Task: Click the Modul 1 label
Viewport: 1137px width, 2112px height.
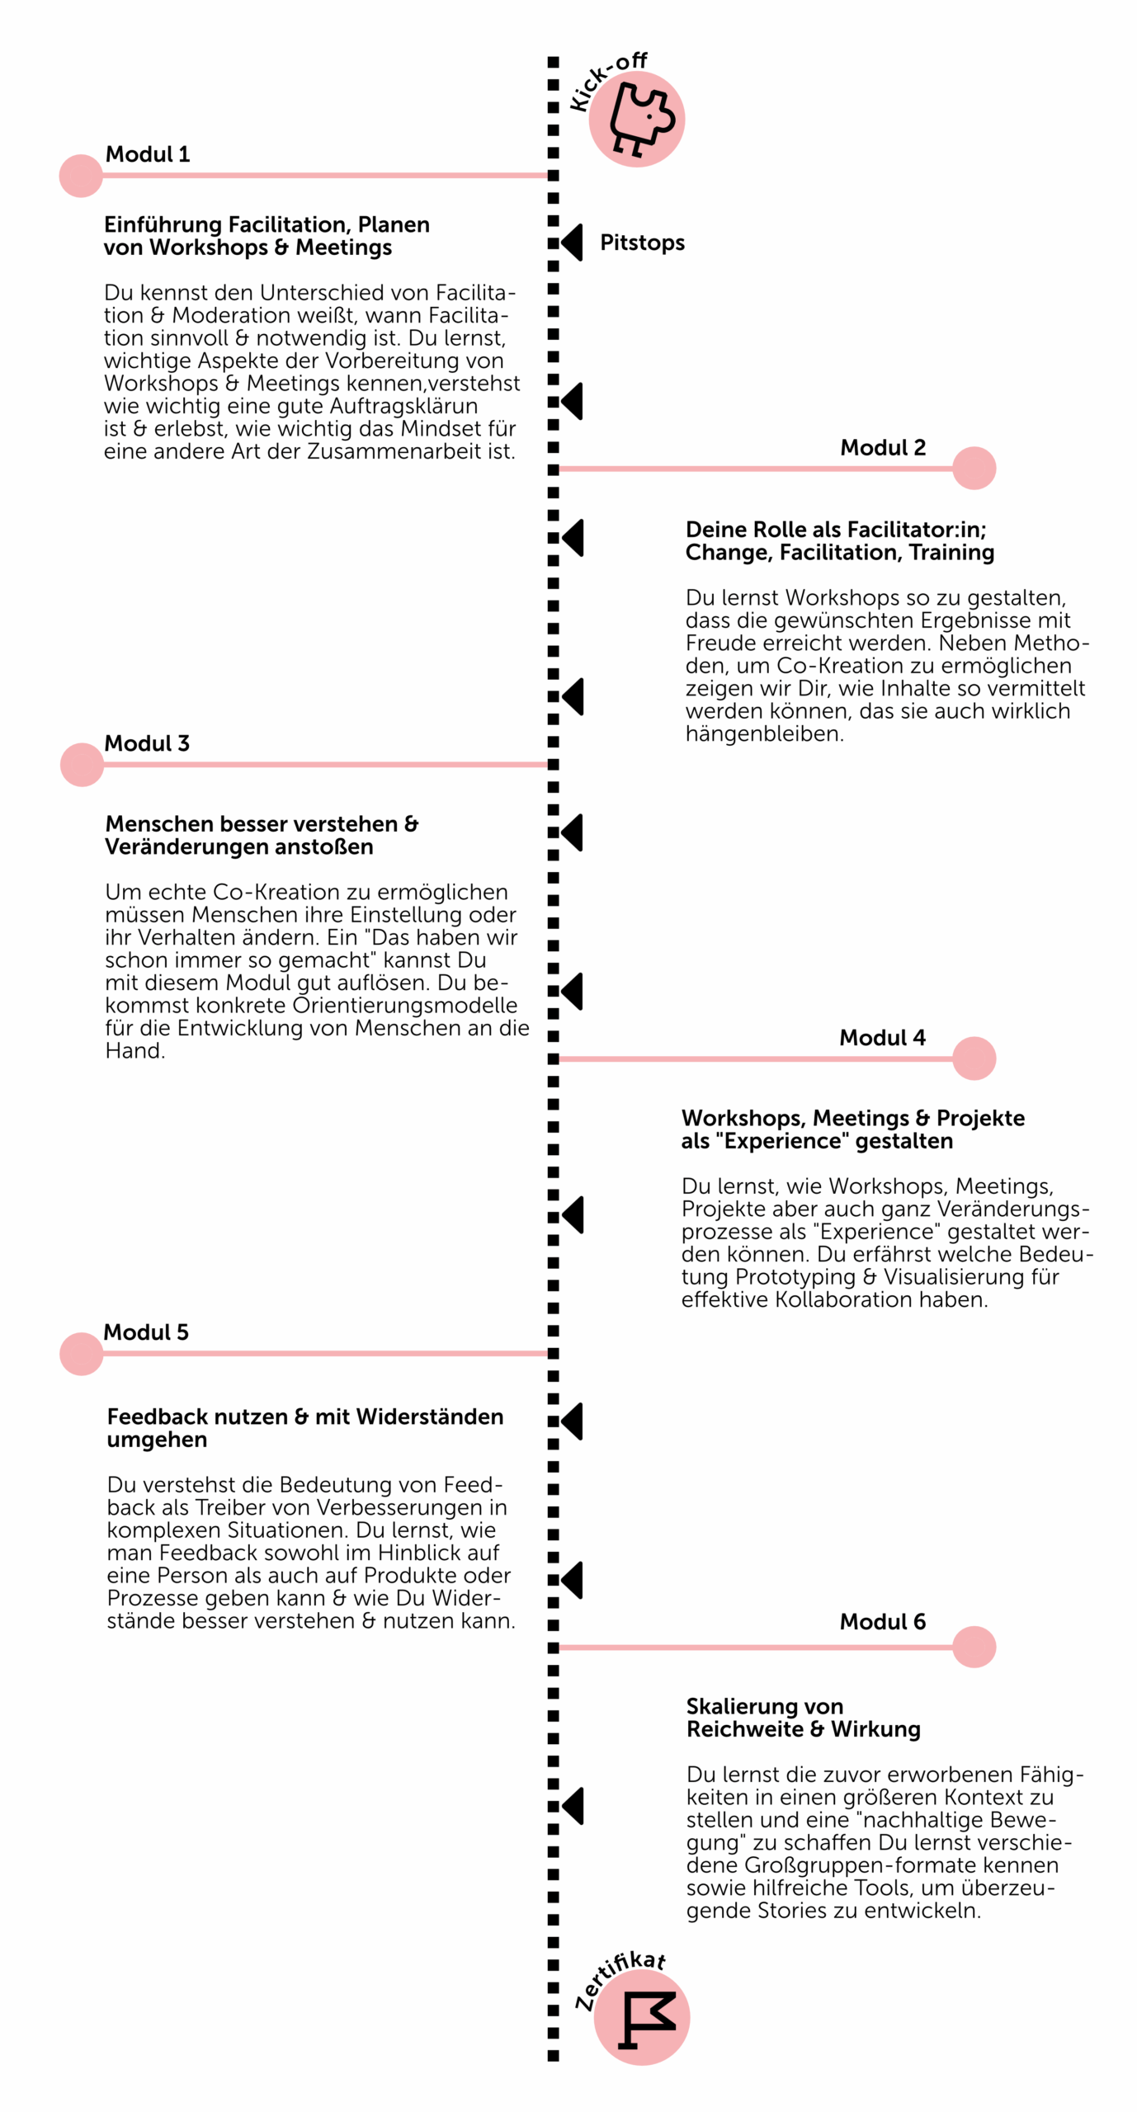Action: pyautogui.click(x=148, y=154)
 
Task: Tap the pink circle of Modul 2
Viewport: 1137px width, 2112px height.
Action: pyautogui.click(x=974, y=469)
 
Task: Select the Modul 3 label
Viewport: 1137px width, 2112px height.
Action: pyautogui.click(x=147, y=743)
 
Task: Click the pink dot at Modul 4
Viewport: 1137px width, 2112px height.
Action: pyautogui.click(x=974, y=1058)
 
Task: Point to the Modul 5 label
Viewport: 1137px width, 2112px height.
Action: pyautogui.click(x=146, y=1332)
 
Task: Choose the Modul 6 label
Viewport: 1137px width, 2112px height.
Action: pyautogui.click(x=882, y=1622)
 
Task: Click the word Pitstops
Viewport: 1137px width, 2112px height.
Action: pyautogui.click(x=642, y=243)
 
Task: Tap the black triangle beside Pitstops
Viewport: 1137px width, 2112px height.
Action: pyautogui.click(x=572, y=243)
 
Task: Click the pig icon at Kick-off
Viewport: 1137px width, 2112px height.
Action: pyautogui.click(x=639, y=120)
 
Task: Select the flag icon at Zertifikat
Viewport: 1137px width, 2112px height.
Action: pyautogui.click(x=644, y=2018)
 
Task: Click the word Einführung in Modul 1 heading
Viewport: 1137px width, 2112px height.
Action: pyautogui.click(x=163, y=224)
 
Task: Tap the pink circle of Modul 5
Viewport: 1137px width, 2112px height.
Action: pyautogui.click(x=82, y=1354)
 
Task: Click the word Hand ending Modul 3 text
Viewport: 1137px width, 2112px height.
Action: pyautogui.click(x=134, y=1051)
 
